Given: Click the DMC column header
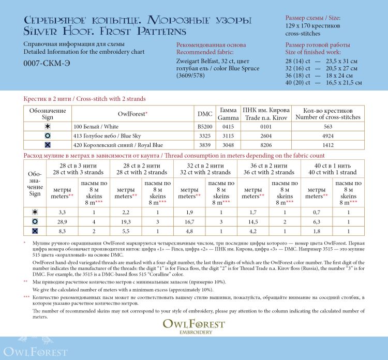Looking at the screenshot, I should pyautogui.click(x=205, y=114).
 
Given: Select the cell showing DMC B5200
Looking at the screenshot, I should pyautogui.click(x=205, y=126).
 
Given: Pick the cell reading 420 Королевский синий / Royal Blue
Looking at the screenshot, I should pyautogui.click(x=118, y=145).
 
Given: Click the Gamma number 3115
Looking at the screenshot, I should pyautogui.click(x=228, y=136).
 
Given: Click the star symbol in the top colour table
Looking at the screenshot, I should pyautogui.click(x=48, y=126).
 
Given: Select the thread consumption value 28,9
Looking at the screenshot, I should pyautogui.click(x=62, y=221).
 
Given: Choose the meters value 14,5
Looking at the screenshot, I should pyautogui.click(x=253, y=221).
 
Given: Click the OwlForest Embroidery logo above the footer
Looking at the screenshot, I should pyautogui.click(x=194, y=326).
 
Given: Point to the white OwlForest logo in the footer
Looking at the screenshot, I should pyautogui.click(x=34, y=351).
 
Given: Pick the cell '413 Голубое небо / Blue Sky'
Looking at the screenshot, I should pyautogui.click(x=118, y=136).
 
